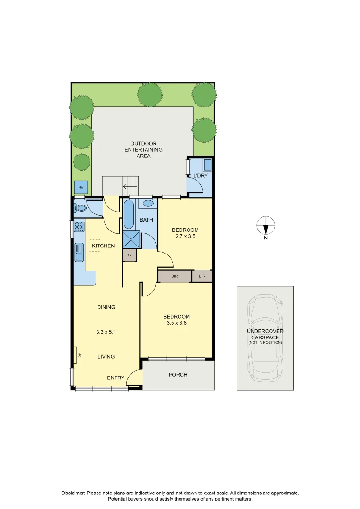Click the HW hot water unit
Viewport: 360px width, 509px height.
pos(81,188)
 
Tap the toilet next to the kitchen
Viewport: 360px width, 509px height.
pos(81,207)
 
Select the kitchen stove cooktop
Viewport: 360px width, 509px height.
pos(79,227)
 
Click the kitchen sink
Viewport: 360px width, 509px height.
pos(79,253)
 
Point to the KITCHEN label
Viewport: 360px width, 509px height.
pos(103,246)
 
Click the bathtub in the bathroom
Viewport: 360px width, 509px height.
pos(129,215)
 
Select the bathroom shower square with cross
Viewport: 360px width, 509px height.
pos(131,239)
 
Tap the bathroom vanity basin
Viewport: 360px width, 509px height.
pos(148,204)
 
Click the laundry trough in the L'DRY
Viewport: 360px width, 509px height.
pos(207,165)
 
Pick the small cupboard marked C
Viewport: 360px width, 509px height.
pos(130,255)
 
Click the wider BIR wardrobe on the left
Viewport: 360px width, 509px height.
pos(174,276)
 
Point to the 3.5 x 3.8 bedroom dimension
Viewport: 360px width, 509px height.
pos(176,323)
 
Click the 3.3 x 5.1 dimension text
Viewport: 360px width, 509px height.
pos(106,332)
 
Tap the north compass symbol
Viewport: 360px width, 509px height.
pos(266,226)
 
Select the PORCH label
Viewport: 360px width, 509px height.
pos(178,375)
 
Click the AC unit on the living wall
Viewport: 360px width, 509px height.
pos(75,355)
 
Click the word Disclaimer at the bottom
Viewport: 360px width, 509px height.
pos(73,493)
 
